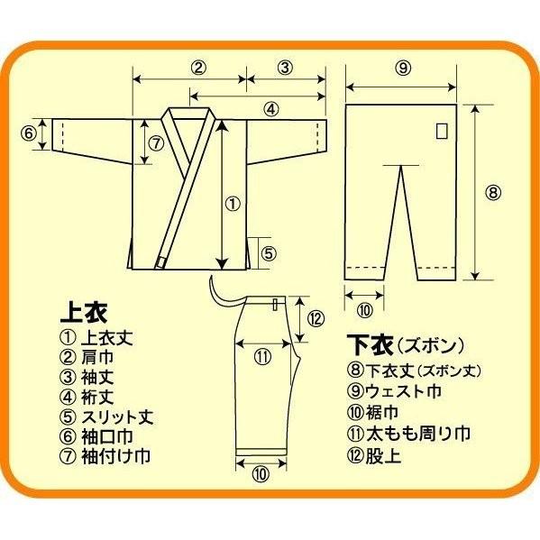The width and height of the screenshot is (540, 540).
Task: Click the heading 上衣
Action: pos(83,313)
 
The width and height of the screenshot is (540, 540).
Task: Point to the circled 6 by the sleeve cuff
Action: pos(28,133)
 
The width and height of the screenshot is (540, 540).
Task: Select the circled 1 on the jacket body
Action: pos(232,204)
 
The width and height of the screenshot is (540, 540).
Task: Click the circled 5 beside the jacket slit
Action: pos(268,253)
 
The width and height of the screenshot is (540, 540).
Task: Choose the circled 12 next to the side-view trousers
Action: pos(315,317)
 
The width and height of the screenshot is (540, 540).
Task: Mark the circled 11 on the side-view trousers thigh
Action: pos(262,355)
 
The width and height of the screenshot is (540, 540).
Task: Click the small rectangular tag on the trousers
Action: pos(441,130)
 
